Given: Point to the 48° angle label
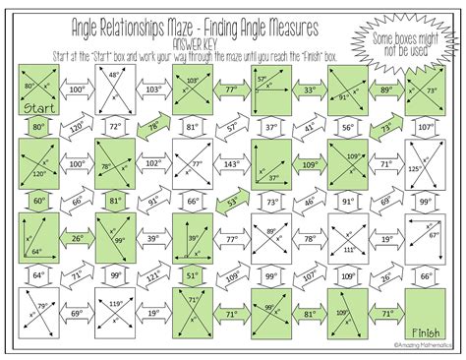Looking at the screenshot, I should pos(115,74).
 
